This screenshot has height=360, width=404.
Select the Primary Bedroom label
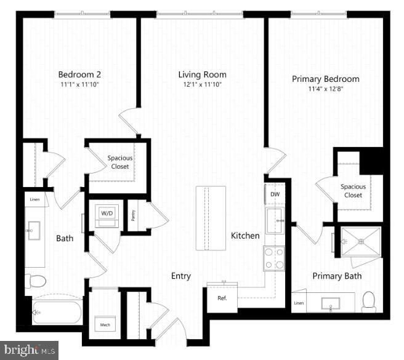click(325, 79)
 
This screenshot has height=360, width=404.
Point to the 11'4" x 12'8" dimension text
click(325, 89)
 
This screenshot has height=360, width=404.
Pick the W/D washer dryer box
click(107, 214)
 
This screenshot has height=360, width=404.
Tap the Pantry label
click(133, 215)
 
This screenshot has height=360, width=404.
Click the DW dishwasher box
click(275, 194)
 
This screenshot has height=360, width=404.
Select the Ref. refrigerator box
click(222, 298)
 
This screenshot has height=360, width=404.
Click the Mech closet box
click(102, 324)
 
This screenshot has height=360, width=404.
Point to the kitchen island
click(211, 218)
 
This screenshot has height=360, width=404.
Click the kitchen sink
click(274, 220)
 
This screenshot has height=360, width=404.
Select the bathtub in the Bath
click(56, 313)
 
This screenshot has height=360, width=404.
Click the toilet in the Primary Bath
click(369, 302)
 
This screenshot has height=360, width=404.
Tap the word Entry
click(180, 276)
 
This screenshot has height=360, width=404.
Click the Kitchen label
click(245, 236)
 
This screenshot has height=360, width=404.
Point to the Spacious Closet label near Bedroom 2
click(120, 162)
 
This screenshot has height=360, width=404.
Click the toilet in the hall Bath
click(36, 281)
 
